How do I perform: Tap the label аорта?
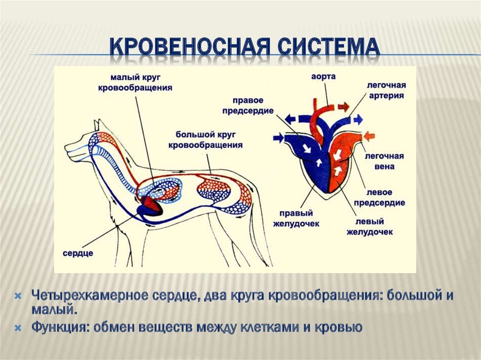323,77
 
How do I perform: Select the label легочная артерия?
386,90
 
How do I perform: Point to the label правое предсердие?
248,106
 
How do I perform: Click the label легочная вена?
384,161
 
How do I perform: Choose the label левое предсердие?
379,198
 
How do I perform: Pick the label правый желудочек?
296,218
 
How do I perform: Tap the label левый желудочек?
370,226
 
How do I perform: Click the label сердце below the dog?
78,253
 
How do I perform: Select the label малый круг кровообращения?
135,83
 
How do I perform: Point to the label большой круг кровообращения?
206,139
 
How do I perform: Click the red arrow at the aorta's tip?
343,107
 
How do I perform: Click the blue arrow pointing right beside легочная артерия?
358,120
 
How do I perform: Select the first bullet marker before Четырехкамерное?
18,296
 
